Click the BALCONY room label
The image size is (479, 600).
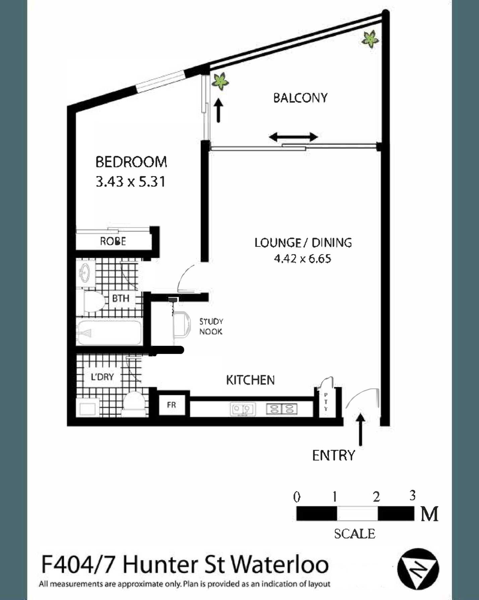(x=300, y=98)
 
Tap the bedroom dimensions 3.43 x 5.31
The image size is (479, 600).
(x=131, y=182)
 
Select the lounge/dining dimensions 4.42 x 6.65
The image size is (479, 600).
(x=302, y=258)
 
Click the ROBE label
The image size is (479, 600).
(x=113, y=241)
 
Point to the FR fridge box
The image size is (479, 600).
(x=172, y=405)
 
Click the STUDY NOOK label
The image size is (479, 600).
(x=211, y=326)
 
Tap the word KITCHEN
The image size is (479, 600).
(x=250, y=380)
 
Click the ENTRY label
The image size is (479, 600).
(x=333, y=455)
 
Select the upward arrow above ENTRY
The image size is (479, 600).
(x=360, y=430)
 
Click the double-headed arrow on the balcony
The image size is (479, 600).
(x=293, y=137)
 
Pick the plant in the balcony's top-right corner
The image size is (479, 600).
(x=370, y=39)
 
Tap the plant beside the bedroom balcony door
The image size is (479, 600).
(x=220, y=81)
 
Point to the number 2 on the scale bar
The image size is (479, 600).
(x=377, y=497)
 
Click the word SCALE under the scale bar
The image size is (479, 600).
(x=354, y=534)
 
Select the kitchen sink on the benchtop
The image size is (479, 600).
(x=243, y=409)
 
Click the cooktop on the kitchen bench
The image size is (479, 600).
(x=281, y=409)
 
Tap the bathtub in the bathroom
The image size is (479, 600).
(x=109, y=333)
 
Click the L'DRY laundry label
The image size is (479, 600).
(x=102, y=377)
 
